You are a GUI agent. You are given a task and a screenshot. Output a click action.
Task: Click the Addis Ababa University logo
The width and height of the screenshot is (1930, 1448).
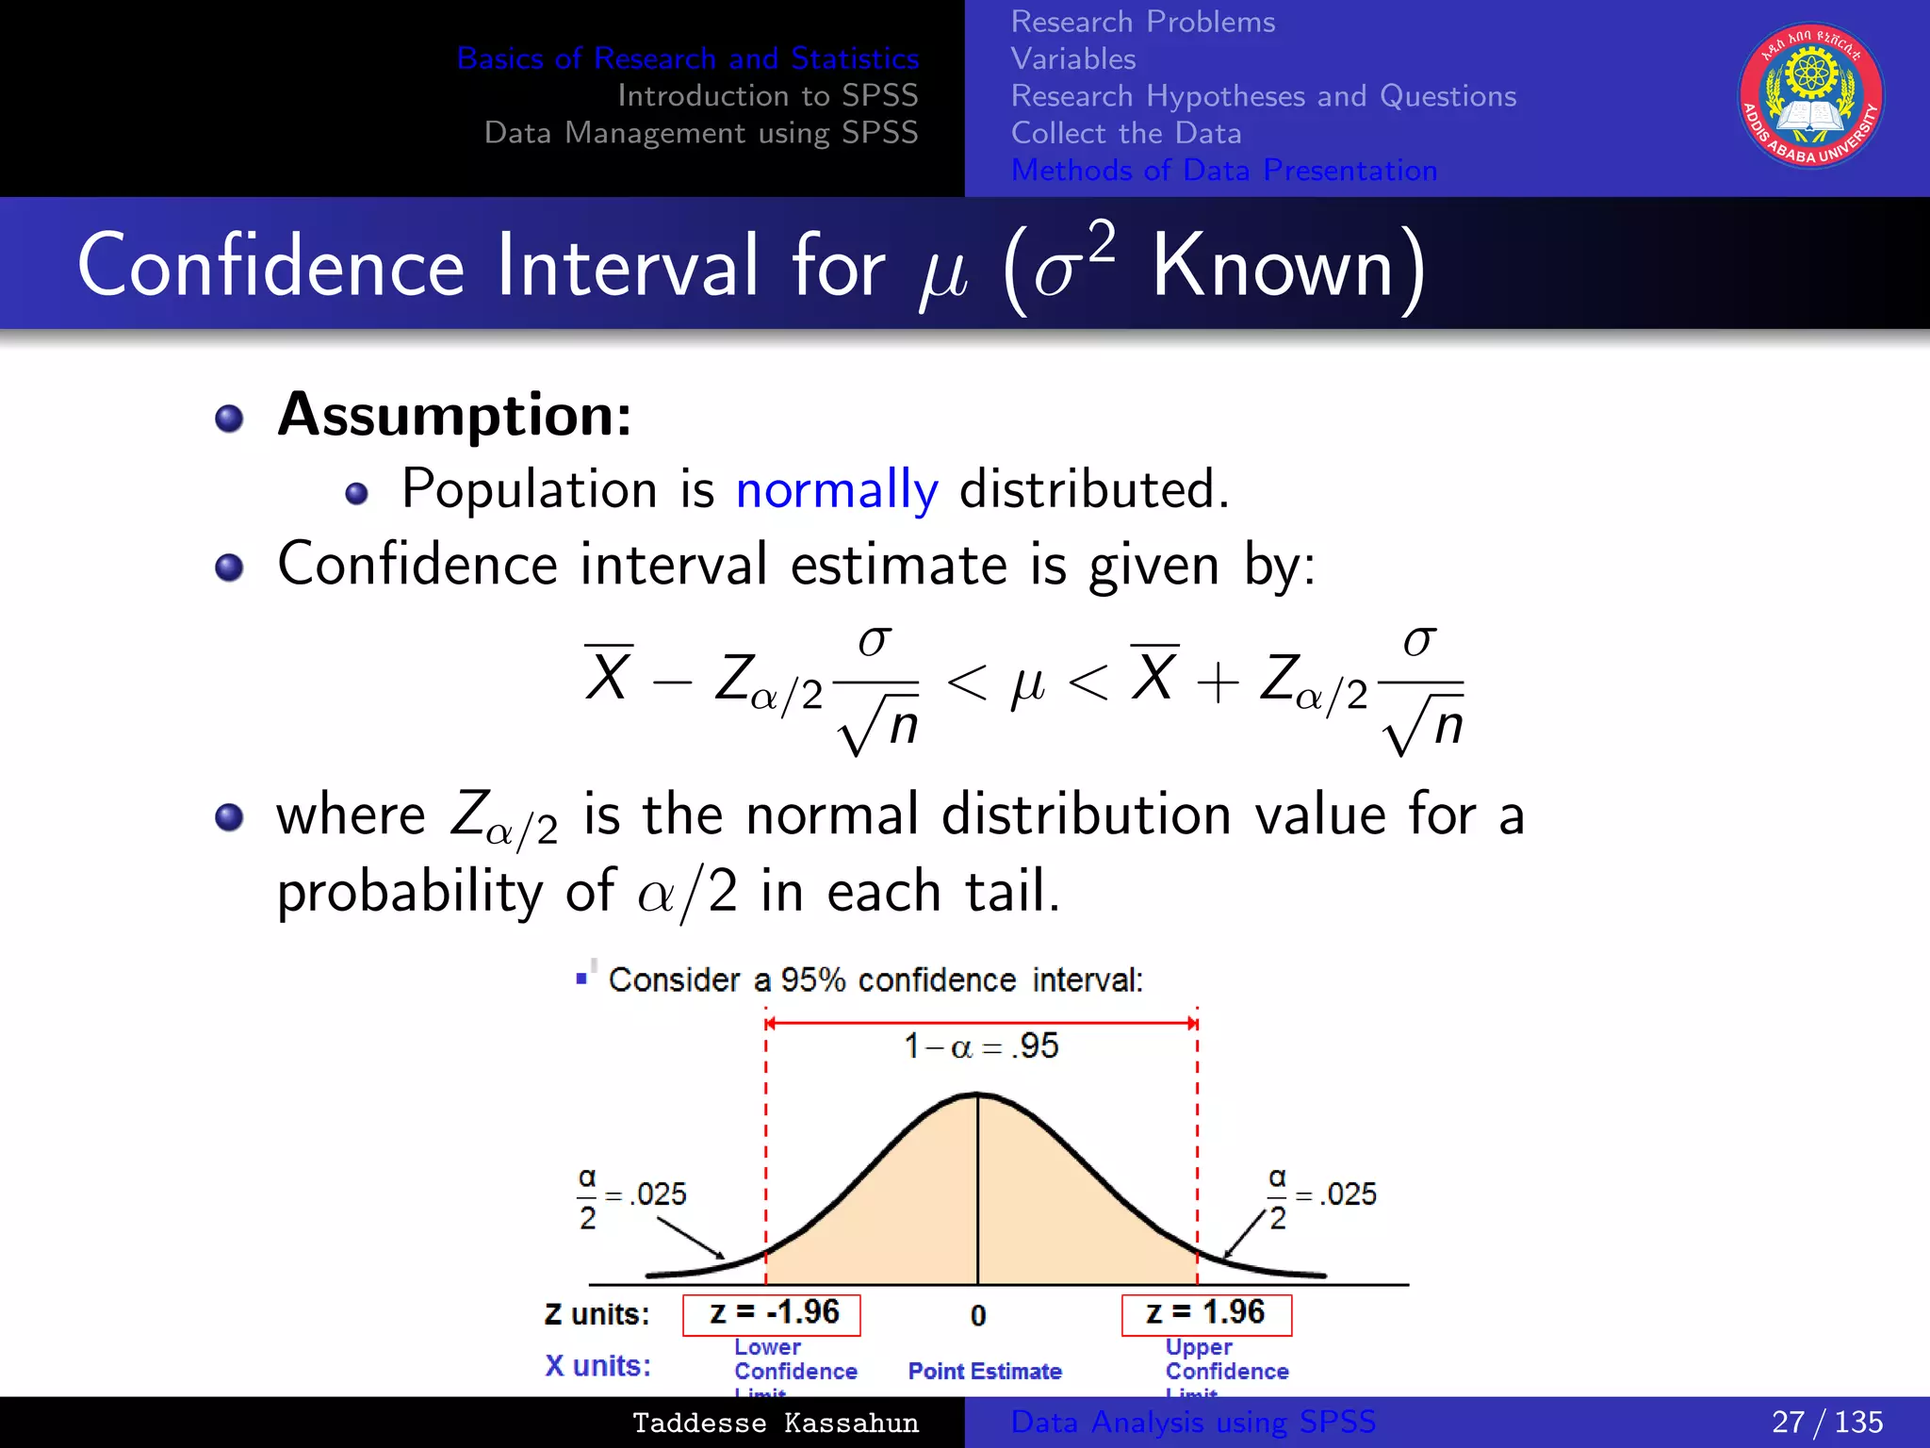(x=1810, y=95)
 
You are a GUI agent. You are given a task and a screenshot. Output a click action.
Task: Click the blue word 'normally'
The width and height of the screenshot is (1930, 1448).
(x=837, y=490)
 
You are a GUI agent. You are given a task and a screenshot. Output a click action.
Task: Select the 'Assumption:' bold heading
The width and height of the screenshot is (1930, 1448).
(x=454, y=415)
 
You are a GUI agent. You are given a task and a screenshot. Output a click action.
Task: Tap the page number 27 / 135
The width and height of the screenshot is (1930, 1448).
(x=1826, y=1422)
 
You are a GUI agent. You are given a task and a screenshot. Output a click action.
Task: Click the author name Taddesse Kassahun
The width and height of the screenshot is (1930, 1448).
(x=775, y=1423)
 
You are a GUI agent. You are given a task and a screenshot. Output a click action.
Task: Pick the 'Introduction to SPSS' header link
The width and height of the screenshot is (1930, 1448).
(x=767, y=95)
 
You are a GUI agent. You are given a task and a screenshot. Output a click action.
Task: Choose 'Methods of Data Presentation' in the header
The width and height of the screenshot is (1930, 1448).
(x=1223, y=170)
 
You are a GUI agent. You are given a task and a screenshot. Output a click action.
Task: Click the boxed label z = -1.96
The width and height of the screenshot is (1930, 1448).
(x=772, y=1313)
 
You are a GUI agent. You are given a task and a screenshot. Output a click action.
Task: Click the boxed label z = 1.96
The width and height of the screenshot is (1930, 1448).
(x=1205, y=1313)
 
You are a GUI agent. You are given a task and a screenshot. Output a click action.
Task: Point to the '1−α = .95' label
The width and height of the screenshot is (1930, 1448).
(x=981, y=1045)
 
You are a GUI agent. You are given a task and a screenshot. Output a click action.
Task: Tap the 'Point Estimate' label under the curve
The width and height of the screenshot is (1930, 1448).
(x=985, y=1371)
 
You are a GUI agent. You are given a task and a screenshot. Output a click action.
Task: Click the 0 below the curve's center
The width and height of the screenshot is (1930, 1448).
(x=978, y=1315)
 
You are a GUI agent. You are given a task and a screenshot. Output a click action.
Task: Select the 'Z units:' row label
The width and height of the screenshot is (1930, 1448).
(x=597, y=1314)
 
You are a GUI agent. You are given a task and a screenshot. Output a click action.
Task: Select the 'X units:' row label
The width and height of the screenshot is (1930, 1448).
(x=597, y=1365)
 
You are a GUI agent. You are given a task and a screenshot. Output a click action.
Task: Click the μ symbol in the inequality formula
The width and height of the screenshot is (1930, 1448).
(x=1027, y=683)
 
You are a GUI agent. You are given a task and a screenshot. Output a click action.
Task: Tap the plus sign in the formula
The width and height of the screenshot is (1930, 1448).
(x=1219, y=682)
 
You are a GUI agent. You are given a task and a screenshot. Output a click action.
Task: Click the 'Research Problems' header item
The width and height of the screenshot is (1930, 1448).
(x=1142, y=22)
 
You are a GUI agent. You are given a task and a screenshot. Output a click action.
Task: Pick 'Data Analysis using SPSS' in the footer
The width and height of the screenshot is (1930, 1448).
(x=1193, y=1422)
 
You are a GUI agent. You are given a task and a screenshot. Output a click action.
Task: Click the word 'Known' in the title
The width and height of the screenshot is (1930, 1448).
(x=1272, y=267)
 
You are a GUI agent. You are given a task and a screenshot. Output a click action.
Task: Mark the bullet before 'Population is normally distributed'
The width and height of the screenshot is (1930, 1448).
(x=356, y=493)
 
